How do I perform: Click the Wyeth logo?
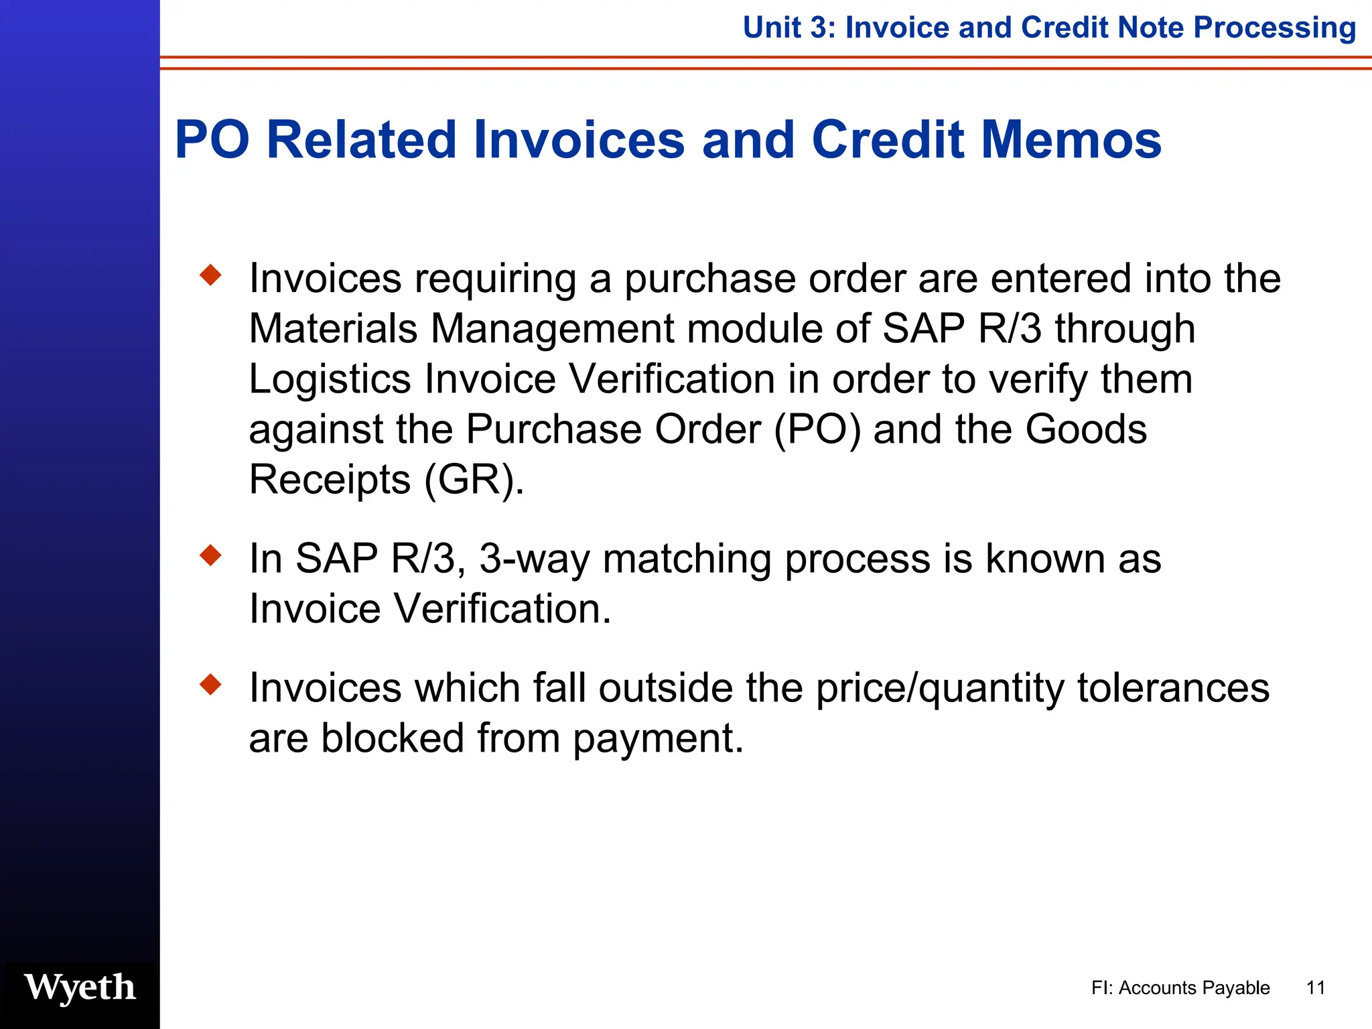(x=80, y=988)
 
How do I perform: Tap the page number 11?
(x=1316, y=988)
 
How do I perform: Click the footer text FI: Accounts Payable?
(x=1180, y=988)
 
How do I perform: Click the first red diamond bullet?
(x=211, y=275)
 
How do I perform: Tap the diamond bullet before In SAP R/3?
(x=211, y=555)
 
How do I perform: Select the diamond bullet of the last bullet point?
(x=211, y=685)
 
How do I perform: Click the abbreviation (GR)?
(x=474, y=480)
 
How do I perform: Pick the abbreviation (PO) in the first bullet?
(x=817, y=429)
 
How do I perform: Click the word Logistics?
(x=329, y=379)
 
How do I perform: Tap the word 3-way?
(x=535, y=559)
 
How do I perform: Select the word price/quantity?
(x=939, y=689)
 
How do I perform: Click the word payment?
(x=657, y=739)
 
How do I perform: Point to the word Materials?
(x=333, y=329)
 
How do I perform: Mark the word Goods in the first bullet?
(x=1086, y=429)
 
